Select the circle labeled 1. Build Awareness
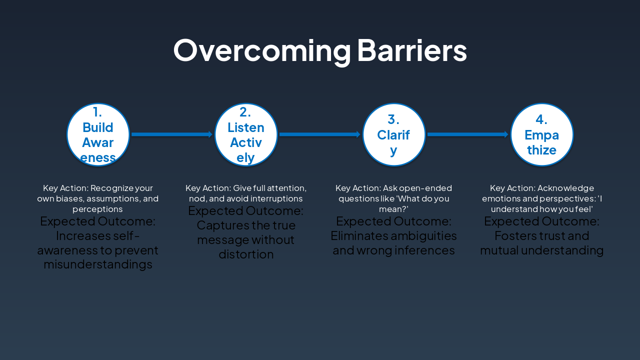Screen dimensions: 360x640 tap(98, 134)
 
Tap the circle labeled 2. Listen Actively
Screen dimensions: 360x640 tap(246, 134)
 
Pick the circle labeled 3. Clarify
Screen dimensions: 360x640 tap(394, 134)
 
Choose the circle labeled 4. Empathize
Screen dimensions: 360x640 tap(542, 134)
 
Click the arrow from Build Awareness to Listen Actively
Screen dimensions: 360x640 tap(172, 134)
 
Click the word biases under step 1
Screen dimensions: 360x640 tap(70, 198)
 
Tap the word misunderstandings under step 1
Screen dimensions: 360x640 tap(98, 264)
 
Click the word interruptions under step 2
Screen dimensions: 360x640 tap(279, 198)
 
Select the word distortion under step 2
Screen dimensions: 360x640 tap(246, 254)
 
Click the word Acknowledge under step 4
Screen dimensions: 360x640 tap(566, 188)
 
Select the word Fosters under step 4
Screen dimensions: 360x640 tap(513, 235)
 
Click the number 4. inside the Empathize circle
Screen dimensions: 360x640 tap(541, 119)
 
